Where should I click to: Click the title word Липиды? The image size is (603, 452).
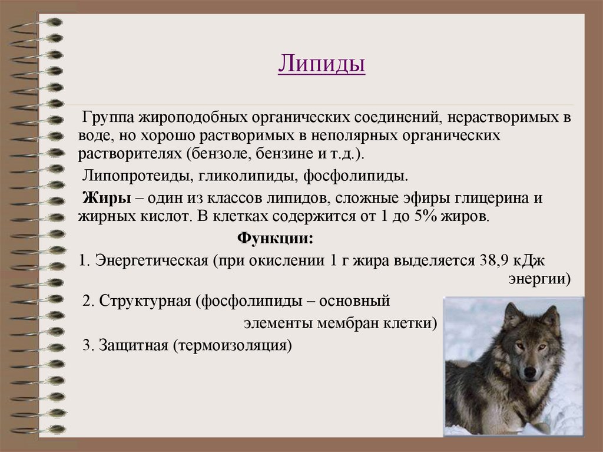click(321, 64)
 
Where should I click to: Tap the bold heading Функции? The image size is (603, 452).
click(274, 239)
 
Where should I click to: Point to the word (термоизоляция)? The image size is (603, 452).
click(233, 345)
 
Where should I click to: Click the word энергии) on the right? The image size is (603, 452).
click(539, 278)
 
